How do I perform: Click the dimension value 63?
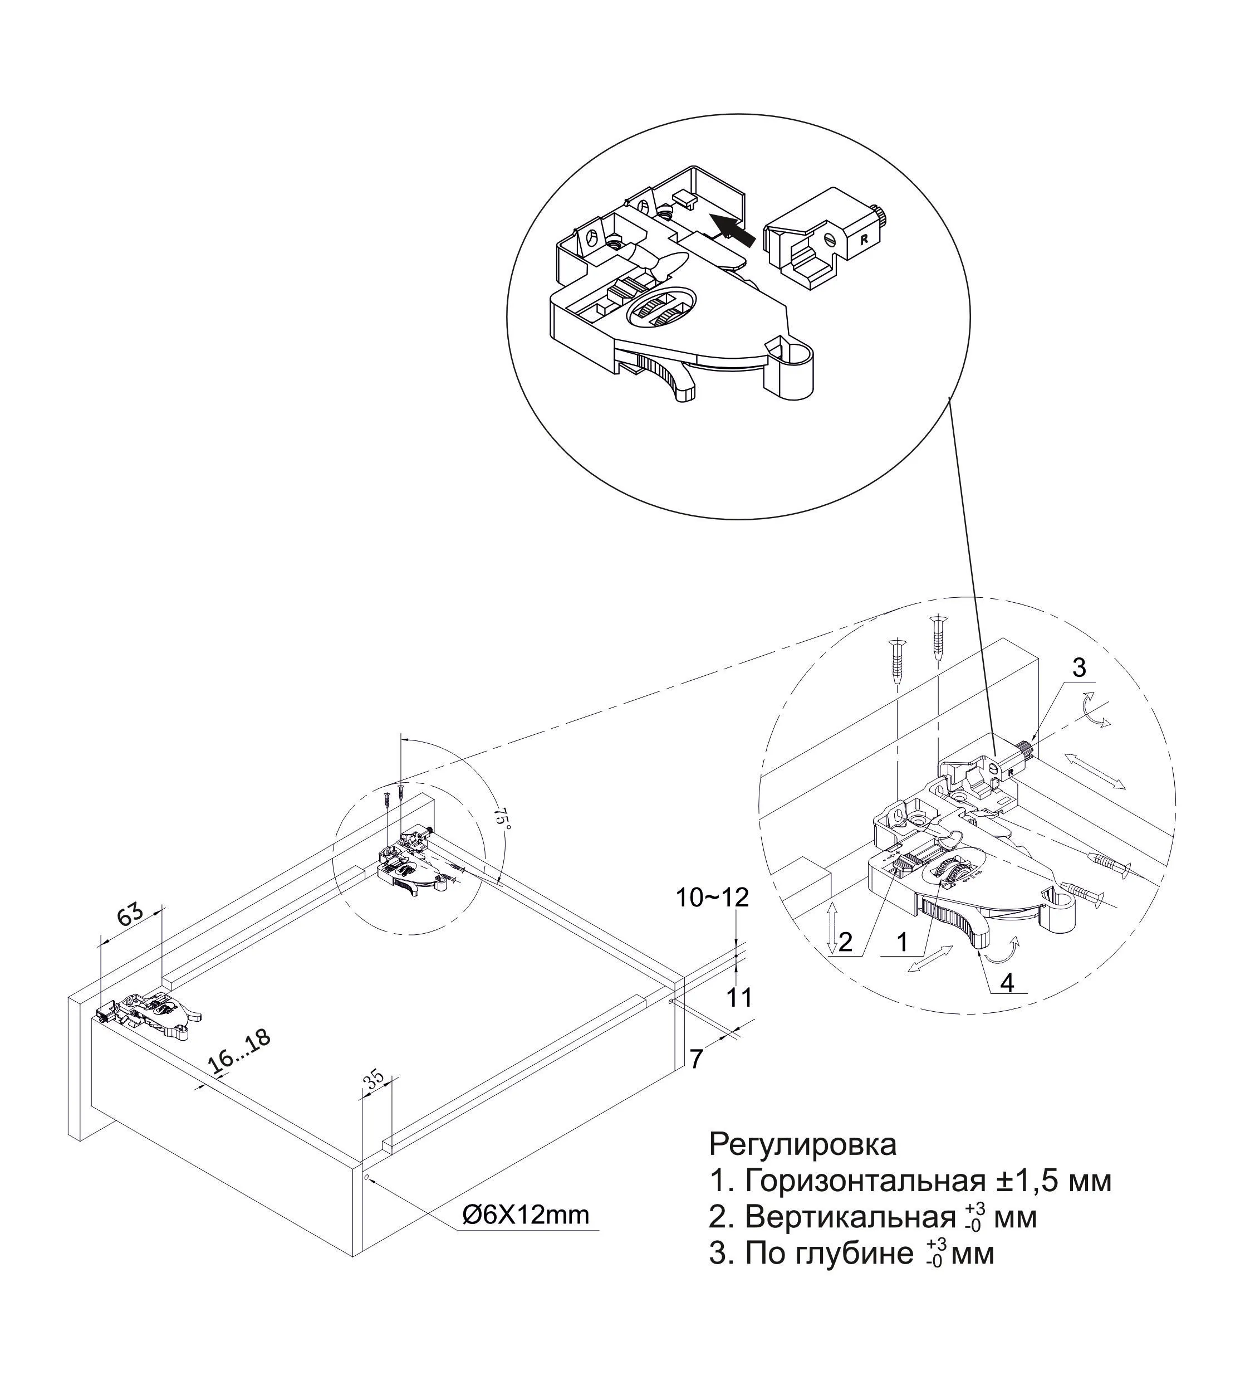(130, 915)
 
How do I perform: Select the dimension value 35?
(373, 1080)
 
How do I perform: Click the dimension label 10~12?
(712, 898)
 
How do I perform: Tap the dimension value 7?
(696, 1059)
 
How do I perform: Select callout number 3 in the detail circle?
(1079, 667)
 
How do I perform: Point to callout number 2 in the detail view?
(846, 943)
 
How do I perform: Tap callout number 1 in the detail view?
(903, 943)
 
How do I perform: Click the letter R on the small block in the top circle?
(864, 240)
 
